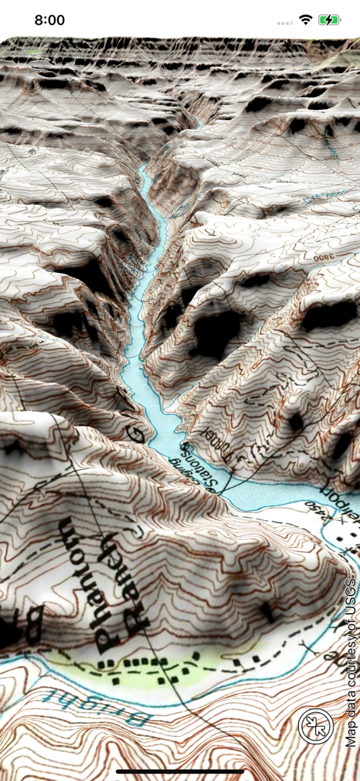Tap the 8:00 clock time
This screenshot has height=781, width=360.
[x=50, y=21]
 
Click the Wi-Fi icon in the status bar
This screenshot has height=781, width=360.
[x=306, y=20]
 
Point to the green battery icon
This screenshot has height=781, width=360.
[x=329, y=20]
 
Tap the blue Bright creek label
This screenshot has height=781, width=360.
[x=99, y=705]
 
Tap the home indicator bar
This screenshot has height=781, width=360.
[x=180, y=772]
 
